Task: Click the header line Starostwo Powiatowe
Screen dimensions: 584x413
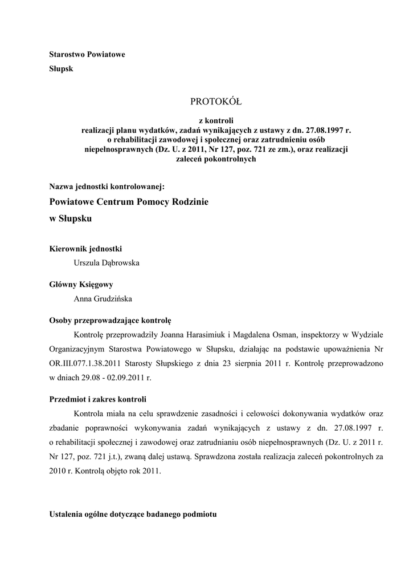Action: tap(87, 55)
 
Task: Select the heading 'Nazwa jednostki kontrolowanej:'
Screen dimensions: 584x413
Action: tap(107, 186)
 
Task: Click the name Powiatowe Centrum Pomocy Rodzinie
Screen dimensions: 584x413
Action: tap(129, 202)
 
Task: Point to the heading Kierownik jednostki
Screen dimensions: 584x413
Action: tap(85, 249)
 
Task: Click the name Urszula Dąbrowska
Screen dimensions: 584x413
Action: tap(107, 263)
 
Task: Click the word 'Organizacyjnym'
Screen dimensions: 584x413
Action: tap(80, 349)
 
